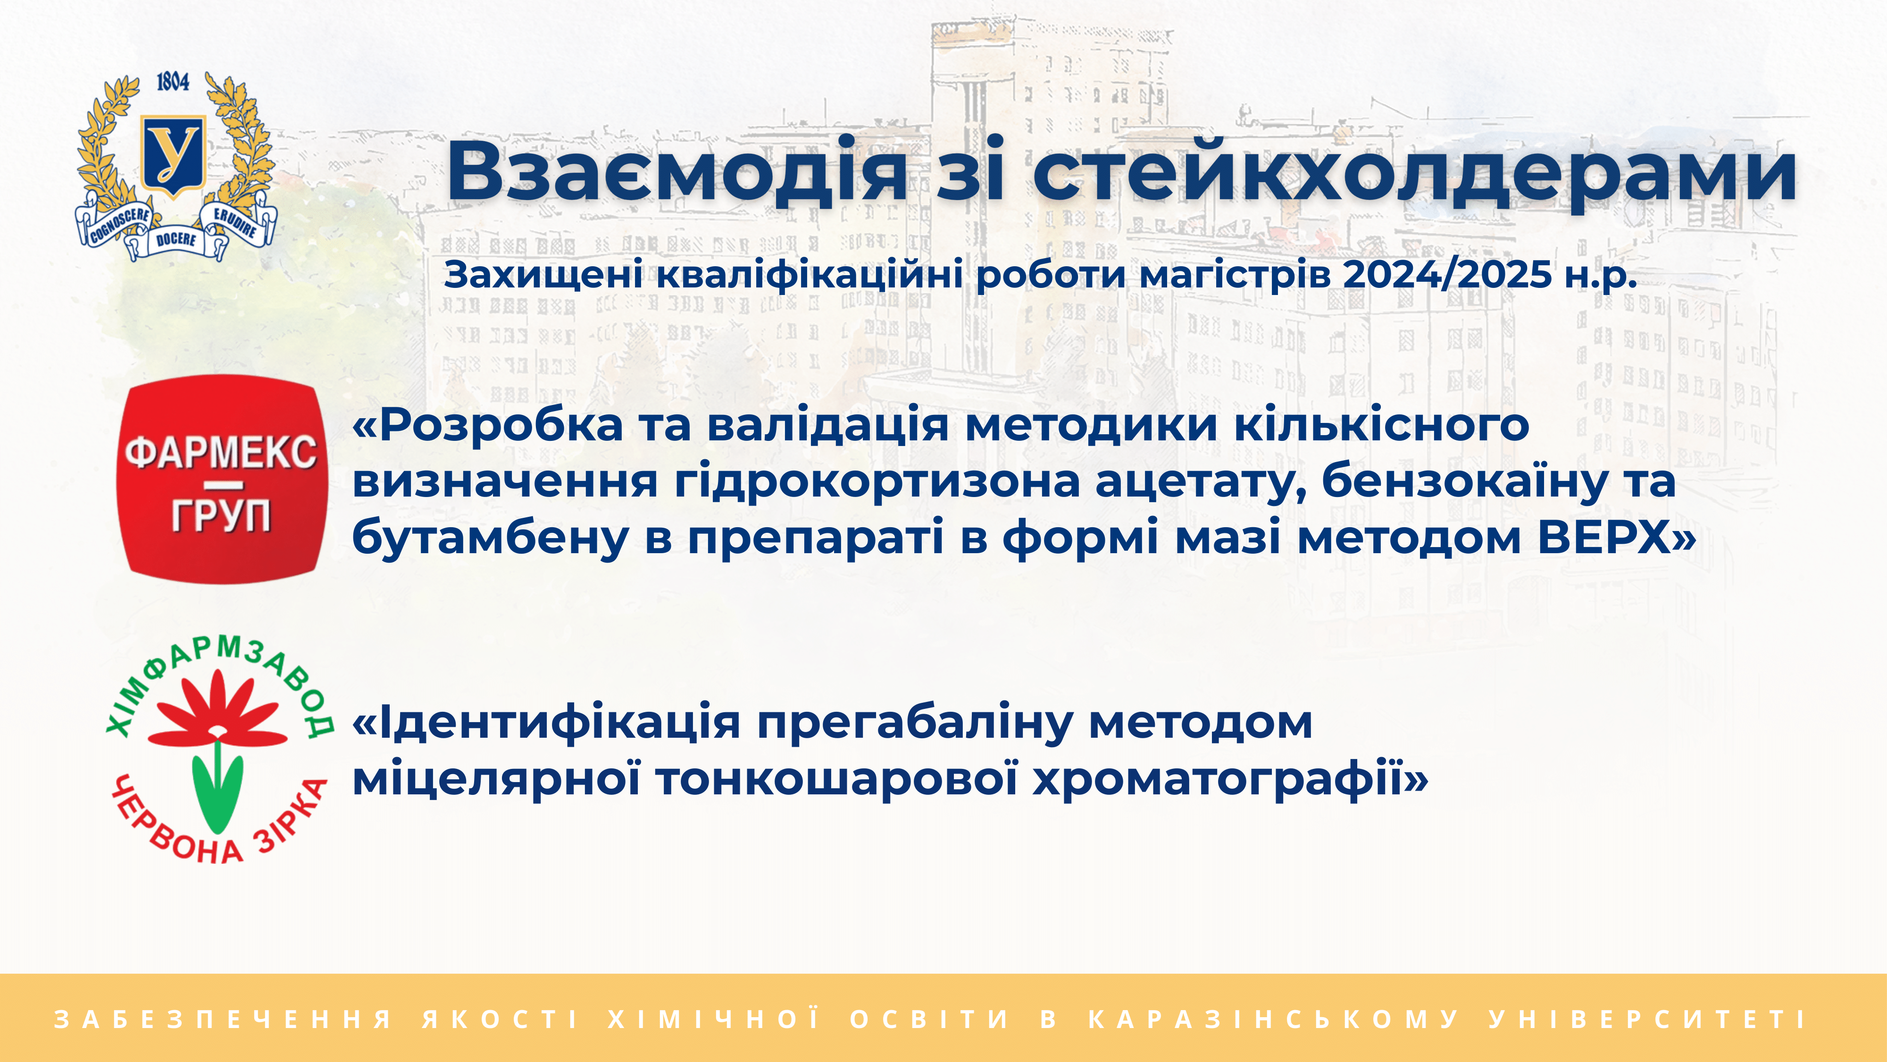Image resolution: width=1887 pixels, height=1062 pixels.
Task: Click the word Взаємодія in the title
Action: tap(677, 171)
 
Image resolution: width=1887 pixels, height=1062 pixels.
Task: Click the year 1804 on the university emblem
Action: tap(173, 82)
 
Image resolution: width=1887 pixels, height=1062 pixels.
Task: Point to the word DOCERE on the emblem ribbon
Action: tap(176, 240)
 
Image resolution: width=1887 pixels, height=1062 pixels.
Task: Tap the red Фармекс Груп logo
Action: tap(222, 480)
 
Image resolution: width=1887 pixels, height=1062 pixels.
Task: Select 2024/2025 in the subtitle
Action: tap(1447, 275)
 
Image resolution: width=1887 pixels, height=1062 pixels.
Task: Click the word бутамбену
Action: tap(490, 539)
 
